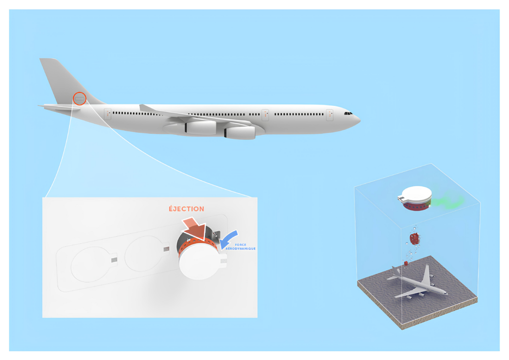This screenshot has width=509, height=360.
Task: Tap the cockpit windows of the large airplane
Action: (x=348, y=113)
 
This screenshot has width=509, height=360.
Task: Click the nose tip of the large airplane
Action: (x=360, y=120)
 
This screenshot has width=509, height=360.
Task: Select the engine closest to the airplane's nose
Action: (x=240, y=132)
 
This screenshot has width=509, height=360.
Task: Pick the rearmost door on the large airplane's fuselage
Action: (x=108, y=114)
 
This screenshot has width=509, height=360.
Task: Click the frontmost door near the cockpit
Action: (x=330, y=114)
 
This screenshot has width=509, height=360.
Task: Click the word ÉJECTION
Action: (x=186, y=209)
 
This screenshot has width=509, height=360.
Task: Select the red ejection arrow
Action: (x=195, y=229)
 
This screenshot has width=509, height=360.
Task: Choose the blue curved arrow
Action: (x=228, y=240)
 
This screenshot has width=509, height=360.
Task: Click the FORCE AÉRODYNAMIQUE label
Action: (x=241, y=247)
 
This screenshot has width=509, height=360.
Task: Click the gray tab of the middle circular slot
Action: (x=166, y=249)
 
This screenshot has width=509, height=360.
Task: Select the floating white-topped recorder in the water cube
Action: (x=415, y=198)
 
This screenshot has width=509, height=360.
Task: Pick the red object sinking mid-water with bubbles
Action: (x=414, y=238)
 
